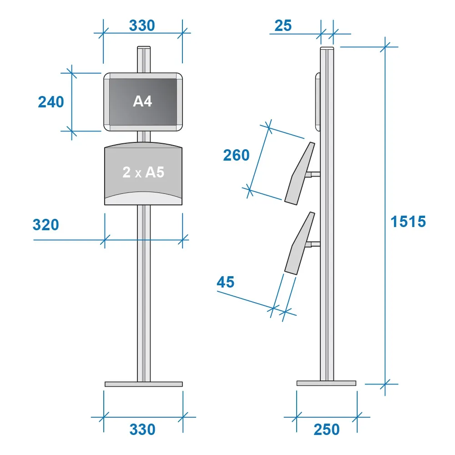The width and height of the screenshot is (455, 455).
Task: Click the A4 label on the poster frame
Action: click(x=142, y=101)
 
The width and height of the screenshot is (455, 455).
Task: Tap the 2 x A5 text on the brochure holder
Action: click(x=143, y=172)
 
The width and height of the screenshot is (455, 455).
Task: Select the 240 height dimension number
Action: click(x=51, y=102)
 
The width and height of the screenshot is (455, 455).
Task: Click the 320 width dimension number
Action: click(x=46, y=225)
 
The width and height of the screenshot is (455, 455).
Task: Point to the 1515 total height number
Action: click(x=408, y=222)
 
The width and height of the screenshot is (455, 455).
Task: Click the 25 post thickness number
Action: click(x=283, y=25)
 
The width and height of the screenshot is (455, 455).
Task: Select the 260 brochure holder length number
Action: click(x=236, y=155)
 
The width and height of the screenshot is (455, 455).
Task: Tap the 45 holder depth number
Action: click(x=226, y=282)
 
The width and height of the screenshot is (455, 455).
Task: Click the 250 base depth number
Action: click(x=327, y=430)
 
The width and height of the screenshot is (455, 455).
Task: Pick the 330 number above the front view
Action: click(x=142, y=25)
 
